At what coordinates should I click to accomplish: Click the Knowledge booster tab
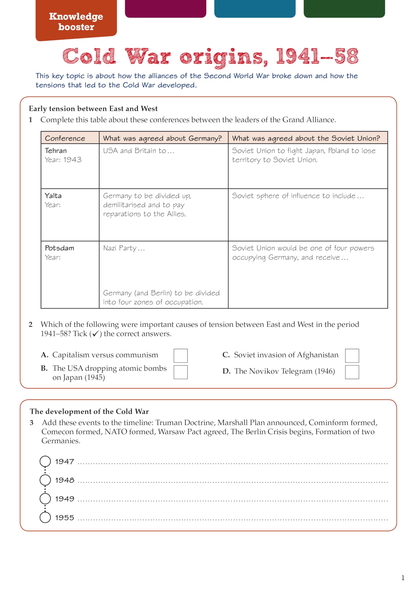76,22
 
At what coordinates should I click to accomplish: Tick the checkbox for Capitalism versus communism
180,355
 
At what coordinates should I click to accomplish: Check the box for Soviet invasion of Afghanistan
352,355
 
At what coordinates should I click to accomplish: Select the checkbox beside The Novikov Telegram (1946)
352,372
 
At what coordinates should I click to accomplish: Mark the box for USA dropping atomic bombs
180,372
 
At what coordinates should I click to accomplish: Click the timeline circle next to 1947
45,461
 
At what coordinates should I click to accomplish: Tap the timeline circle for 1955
45,517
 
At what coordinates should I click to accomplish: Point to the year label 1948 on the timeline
65,480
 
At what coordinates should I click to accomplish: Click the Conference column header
65,138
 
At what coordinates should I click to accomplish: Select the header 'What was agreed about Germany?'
162,138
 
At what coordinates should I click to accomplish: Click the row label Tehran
56,150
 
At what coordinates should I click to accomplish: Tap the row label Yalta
53,196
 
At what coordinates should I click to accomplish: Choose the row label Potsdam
59,248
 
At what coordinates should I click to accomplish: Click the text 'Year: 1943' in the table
63,160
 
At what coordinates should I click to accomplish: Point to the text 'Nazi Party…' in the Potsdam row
124,248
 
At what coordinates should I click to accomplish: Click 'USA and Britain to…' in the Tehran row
138,150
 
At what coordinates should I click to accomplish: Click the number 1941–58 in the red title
317,56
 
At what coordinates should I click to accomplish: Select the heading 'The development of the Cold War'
89,411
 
